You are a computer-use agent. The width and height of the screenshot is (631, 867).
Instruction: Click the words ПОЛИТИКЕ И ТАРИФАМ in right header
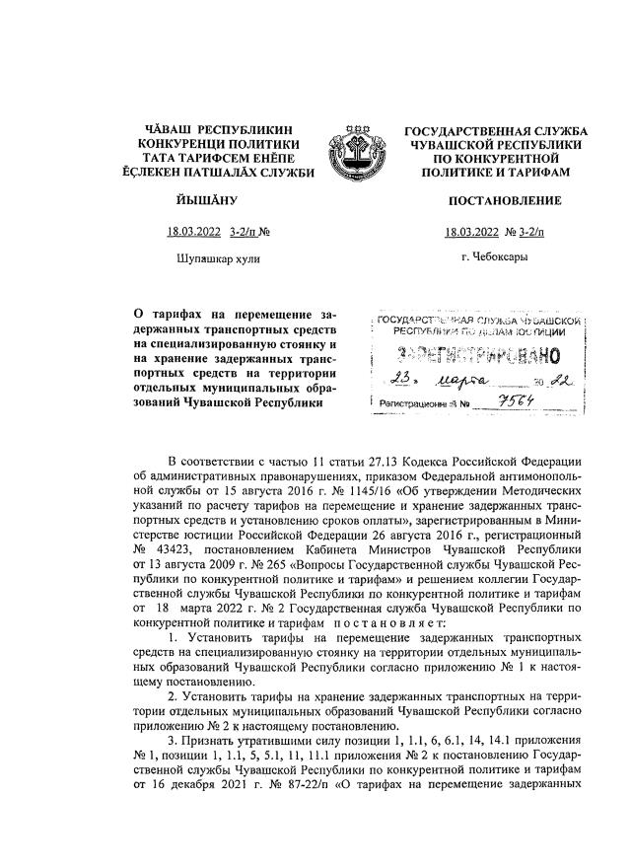click(504, 171)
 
